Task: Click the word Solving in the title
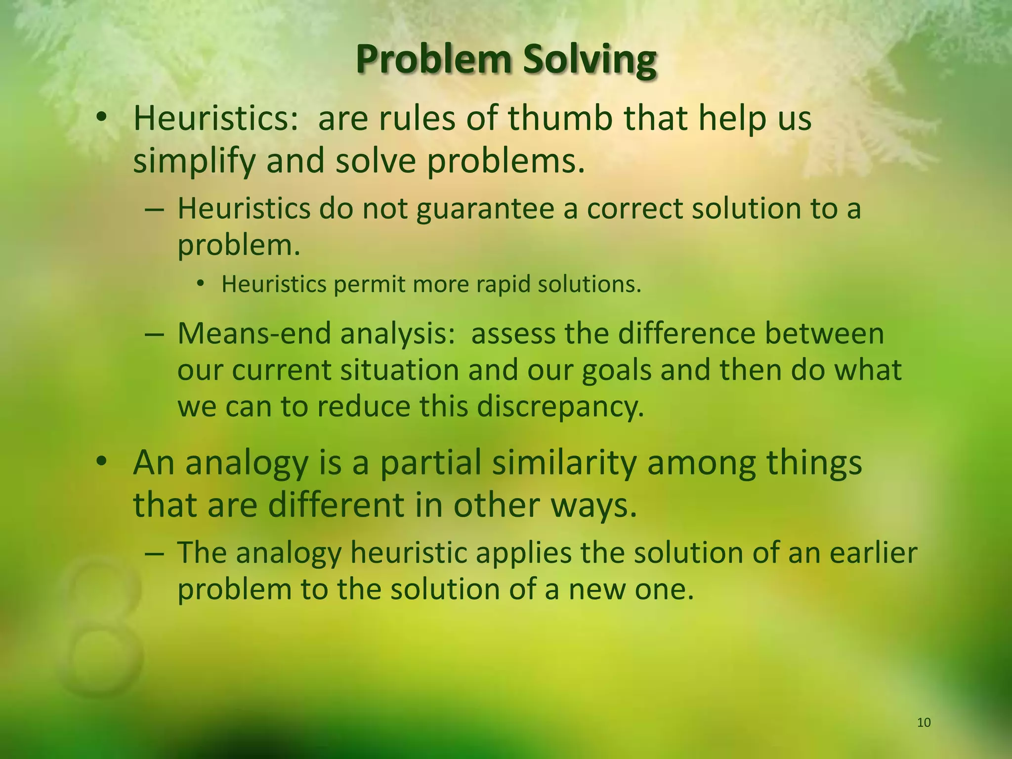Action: (590, 60)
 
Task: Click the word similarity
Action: (563, 463)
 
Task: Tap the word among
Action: (701, 463)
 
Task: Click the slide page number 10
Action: (924, 723)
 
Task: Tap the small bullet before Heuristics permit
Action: (200, 284)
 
